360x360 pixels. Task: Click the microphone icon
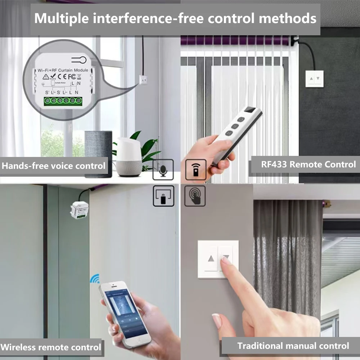tap(163, 170)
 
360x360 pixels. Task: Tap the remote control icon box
tap(195, 170)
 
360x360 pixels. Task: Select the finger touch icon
tap(195, 196)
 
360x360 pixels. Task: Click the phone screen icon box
tap(163, 196)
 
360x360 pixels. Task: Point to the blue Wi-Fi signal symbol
tap(95, 278)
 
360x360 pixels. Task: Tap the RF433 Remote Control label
tap(308, 165)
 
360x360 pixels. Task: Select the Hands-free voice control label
tap(54, 166)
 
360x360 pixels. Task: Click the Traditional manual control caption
tap(293, 346)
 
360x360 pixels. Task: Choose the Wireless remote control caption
tap(51, 347)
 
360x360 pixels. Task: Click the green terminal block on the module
tap(62, 102)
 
